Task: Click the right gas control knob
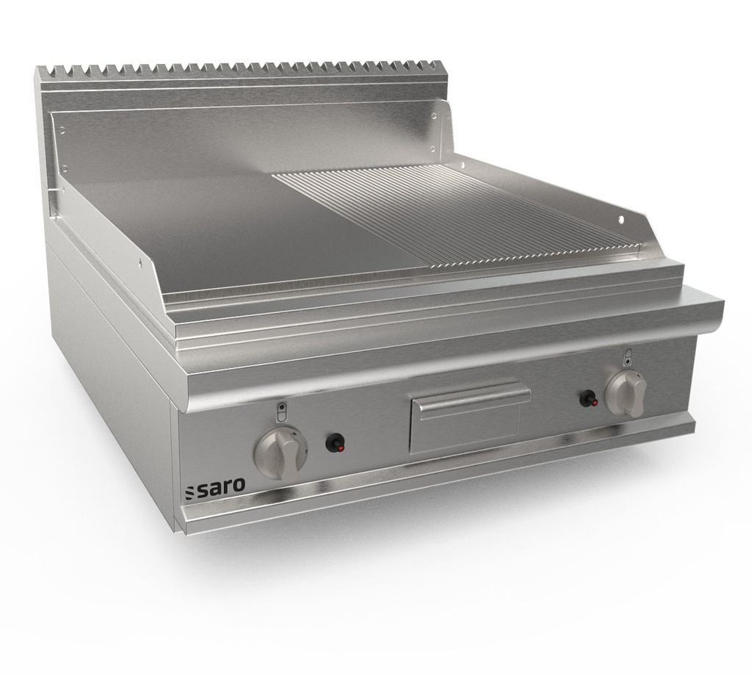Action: pos(626,393)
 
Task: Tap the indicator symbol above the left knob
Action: pos(281,411)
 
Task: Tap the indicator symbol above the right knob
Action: pos(628,357)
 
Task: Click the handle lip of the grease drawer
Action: pos(470,395)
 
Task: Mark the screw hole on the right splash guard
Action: pos(620,220)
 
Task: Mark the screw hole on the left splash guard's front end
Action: pos(140,260)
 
